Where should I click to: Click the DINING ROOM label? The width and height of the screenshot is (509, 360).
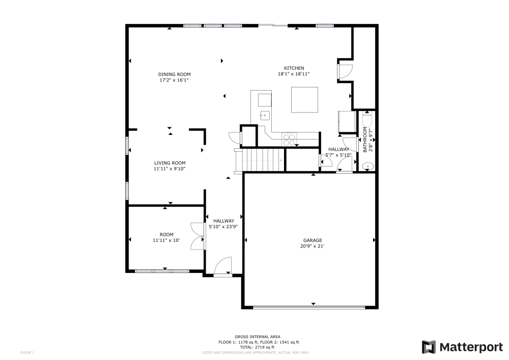(x=174, y=74)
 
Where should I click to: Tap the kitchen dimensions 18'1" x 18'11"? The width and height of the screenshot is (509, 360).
(x=294, y=74)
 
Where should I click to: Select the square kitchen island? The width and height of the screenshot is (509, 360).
(x=304, y=99)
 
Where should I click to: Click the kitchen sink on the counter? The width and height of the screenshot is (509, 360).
(x=264, y=115)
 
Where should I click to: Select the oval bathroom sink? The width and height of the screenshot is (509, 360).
(x=367, y=166)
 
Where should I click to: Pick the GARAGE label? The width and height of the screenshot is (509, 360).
(x=313, y=240)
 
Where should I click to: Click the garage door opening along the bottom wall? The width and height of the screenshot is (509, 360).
(x=309, y=307)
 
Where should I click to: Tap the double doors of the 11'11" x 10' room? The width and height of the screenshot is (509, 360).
(x=196, y=236)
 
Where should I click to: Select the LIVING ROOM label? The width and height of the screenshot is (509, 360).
(x=169, y=163)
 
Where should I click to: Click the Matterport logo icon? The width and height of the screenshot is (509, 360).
(x=429, y=347)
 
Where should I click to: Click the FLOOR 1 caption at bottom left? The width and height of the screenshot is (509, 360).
(x=27, y=352)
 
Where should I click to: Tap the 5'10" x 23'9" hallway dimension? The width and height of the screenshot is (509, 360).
(x=223, y=227)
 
